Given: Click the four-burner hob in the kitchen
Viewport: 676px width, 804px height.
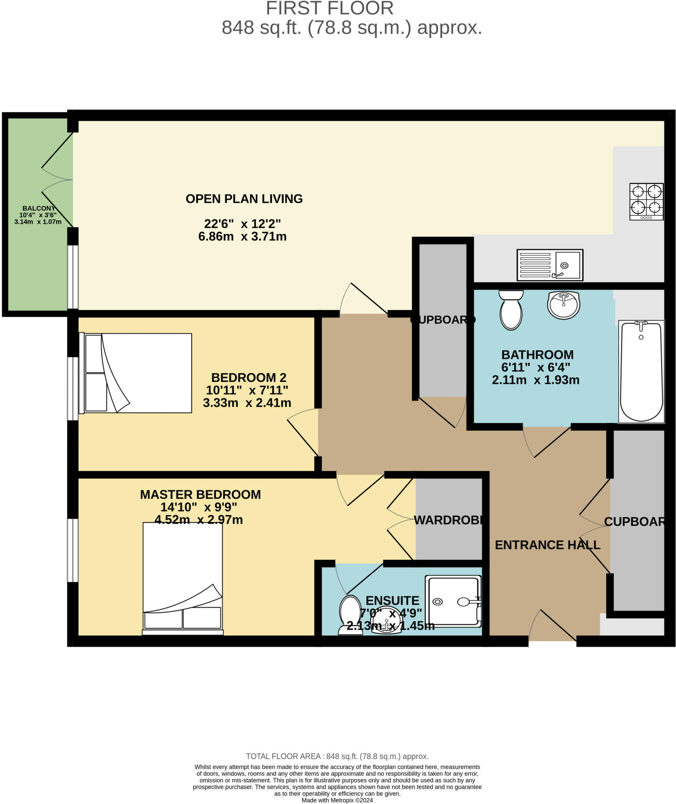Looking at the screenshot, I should pos(646,201).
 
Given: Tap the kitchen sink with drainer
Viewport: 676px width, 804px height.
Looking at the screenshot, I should pos(550,265).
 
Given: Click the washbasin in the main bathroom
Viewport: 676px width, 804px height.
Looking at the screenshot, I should pos(563,305).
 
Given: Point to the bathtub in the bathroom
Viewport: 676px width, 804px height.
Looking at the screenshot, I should pos(641,371).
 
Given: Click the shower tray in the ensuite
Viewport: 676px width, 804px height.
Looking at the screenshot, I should pos(453,601).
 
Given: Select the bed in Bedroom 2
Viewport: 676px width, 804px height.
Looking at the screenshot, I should pos(136,373).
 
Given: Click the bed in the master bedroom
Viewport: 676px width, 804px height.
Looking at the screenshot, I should pos(183,577).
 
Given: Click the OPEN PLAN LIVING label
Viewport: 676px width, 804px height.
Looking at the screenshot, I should pos(244,199).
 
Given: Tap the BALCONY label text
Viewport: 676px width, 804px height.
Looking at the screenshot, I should pos(38,208).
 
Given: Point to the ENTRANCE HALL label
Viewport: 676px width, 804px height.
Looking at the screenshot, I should pos(547,545).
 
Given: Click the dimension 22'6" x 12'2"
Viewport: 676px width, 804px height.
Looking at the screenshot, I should pos(242,224).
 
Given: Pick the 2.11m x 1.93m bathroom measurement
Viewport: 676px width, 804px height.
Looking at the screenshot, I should pos(535,380).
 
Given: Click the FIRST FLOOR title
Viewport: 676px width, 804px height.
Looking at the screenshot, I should pos(330,9).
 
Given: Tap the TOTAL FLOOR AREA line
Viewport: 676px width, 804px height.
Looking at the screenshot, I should pos(337,756).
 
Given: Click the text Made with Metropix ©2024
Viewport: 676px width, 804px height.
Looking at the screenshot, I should pos(337,800).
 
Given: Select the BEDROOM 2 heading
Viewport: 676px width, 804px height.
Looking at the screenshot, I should pos(249,377).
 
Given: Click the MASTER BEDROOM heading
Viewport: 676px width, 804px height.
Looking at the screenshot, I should pos(200,494).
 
